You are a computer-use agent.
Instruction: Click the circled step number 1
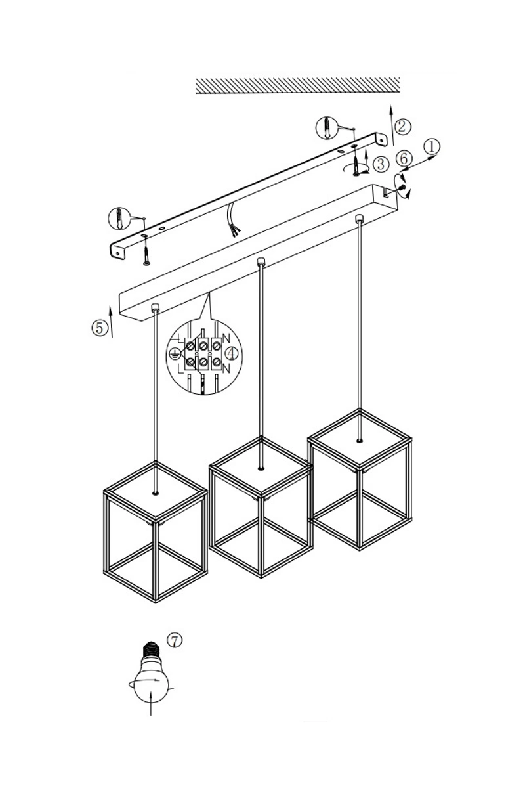coord(431,146)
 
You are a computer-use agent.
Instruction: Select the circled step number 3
coord(381,164)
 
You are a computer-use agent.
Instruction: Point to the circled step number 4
coord(231,353)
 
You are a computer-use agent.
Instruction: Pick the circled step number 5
coord(100,328)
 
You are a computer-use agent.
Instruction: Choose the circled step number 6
coord(404,158)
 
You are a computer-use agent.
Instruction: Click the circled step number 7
coord(175,640)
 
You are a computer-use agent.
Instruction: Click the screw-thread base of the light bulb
coord(151,648)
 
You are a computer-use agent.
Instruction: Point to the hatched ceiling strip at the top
coord(297,85)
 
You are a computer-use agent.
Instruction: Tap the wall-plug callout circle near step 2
coord(327,127)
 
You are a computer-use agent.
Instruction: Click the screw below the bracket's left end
coord(146,255)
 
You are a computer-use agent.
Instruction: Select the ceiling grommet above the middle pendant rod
coord(261,261)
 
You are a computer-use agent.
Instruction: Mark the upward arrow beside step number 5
coord(111,322)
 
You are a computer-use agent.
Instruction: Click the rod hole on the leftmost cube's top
coord(156,493)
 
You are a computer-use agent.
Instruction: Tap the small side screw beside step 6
coord(403,188)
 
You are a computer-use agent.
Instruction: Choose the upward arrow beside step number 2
coord(392,125)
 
